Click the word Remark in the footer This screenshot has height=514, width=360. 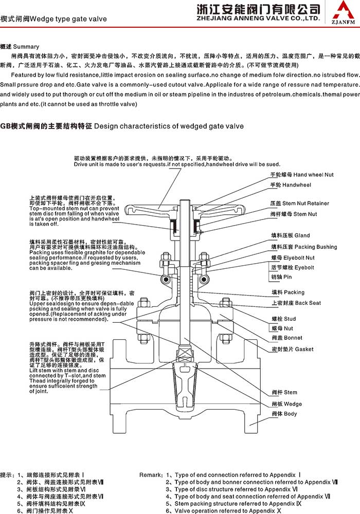click(x=151, y=475)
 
